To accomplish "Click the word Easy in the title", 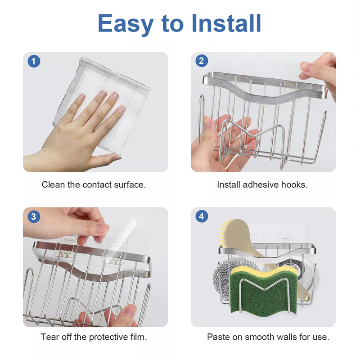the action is tap(126, 24).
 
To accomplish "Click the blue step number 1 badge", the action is tap(34, 61).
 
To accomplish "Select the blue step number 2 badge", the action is tap(202, 61).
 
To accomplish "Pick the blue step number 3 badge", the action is tap(34, 216).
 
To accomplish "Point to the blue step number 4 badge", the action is tap(202, 216).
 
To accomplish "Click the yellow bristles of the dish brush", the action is tap(223, 232).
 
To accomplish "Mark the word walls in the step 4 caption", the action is tap(287, 337).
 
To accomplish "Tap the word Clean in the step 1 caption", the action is tap(53, 184).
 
